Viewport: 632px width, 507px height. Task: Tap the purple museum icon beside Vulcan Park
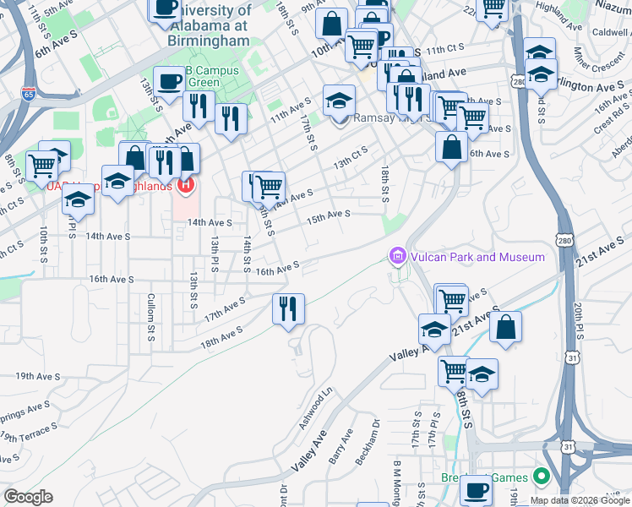397,255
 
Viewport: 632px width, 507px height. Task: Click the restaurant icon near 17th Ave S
288,308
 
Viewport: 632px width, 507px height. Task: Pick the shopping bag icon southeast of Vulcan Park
505,329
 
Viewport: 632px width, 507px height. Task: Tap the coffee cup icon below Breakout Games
476,492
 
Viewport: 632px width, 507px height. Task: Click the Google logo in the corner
28,497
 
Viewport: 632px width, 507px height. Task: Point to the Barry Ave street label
341,447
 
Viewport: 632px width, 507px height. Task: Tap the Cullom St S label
150,316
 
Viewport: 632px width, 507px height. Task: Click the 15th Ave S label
328,216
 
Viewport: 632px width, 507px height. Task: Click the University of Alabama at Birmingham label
208,25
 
